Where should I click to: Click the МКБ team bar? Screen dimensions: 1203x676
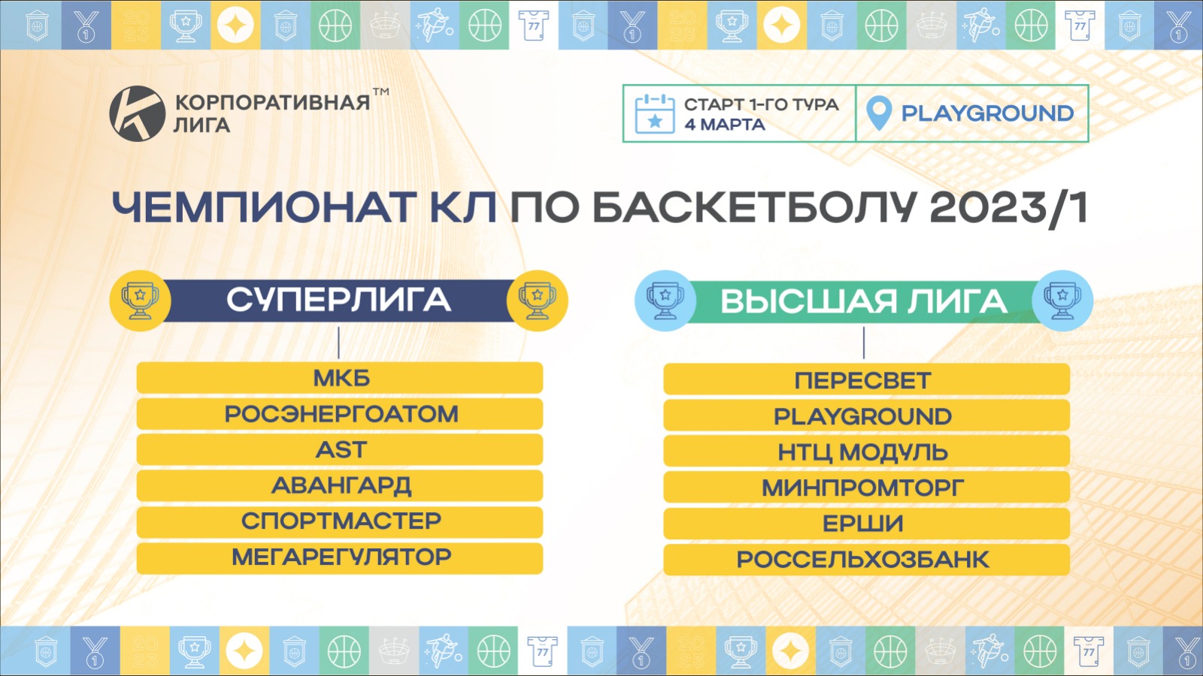[339, 378]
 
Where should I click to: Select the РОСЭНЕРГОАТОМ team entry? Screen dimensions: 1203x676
[339, 414]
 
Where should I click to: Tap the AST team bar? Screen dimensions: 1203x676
[339, 450]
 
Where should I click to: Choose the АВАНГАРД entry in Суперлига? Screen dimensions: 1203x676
[339, 485]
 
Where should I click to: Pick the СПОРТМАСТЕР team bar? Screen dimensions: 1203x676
[339, 521]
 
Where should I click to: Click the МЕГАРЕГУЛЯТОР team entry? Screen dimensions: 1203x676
[339, 558]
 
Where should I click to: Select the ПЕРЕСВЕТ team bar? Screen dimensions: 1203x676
[866, 379]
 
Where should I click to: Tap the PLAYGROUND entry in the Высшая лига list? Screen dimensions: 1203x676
[866, 415]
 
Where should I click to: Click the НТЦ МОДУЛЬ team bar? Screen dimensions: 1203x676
[866, 451]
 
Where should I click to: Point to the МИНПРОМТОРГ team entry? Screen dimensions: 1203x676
[866, 487]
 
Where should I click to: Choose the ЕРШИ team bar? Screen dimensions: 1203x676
[866, 523]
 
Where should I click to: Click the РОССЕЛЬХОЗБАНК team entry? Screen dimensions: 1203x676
[866, 560]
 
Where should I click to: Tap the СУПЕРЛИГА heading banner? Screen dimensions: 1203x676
[338, 300]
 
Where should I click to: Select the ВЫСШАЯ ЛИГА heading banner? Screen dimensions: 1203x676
[864, 301]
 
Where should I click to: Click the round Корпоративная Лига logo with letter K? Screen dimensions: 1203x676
[137, 113]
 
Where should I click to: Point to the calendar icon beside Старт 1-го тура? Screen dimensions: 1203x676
[655, 113]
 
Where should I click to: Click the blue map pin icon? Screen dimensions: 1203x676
[879, 113]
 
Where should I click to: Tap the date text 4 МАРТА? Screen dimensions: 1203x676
[725, 125]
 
